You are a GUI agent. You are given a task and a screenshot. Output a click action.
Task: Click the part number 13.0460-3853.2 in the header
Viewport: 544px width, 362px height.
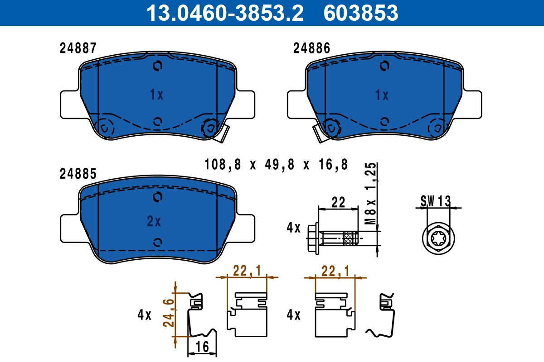coord(224,13)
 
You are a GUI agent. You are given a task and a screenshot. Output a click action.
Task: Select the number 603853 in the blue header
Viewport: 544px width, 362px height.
coord(360,13)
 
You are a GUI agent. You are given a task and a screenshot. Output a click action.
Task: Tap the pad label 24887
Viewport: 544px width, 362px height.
coord(78,48)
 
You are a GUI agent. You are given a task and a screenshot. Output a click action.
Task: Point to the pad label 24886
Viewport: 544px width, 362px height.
coord(311,48)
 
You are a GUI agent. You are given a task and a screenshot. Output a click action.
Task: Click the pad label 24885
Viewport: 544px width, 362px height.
coord(78,173)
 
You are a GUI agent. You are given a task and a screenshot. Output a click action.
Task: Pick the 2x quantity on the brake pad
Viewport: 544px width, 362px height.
coord(154,221)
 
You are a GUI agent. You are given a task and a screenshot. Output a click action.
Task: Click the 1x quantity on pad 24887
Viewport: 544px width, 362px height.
coord(156,95)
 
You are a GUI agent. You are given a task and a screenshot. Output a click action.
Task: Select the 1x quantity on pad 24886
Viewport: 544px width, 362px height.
coord(382,95)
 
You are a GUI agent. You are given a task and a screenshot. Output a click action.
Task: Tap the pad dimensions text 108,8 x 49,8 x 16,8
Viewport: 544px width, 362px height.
coord(276,165)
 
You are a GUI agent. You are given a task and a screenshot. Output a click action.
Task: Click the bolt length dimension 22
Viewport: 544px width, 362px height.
coord(338,201)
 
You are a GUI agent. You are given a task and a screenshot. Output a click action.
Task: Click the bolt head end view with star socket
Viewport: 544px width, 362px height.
coord(438,238)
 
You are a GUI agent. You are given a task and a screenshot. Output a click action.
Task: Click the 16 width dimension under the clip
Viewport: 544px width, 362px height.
coord(202,347)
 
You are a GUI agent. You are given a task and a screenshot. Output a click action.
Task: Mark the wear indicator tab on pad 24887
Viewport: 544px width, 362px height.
coord(221,134)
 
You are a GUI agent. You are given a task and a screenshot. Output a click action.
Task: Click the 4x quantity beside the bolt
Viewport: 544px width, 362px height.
coord(293,228)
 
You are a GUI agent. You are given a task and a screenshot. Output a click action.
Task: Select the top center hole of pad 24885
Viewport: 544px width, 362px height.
coord(157,197)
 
